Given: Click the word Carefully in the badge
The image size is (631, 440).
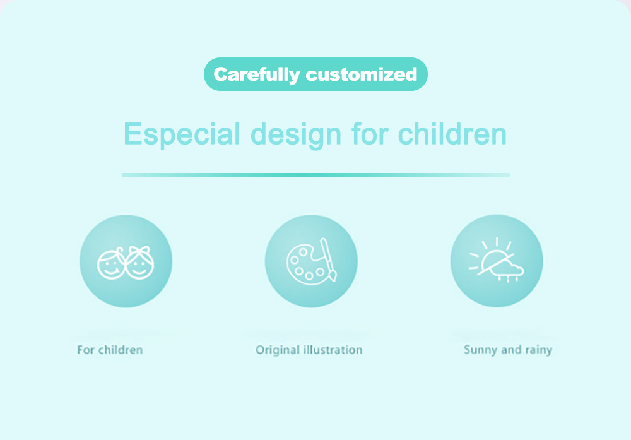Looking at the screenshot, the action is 257,75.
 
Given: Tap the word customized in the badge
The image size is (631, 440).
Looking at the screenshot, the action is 362,74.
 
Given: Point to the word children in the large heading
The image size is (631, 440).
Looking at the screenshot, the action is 452,134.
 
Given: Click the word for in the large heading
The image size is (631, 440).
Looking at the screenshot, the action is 370,134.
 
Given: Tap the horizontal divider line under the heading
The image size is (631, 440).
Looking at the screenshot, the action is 316,175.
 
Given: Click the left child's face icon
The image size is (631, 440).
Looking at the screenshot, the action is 110,263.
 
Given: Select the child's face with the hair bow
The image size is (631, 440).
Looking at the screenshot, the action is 139,263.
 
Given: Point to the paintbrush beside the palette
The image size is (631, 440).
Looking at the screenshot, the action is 328,259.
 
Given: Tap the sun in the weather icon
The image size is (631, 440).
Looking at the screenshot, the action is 492,258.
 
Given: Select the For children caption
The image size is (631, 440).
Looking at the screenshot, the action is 110,350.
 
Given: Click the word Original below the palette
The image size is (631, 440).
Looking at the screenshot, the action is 277,350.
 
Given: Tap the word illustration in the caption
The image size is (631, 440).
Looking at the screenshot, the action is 333,350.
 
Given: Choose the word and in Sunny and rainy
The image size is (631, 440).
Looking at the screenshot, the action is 511,350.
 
